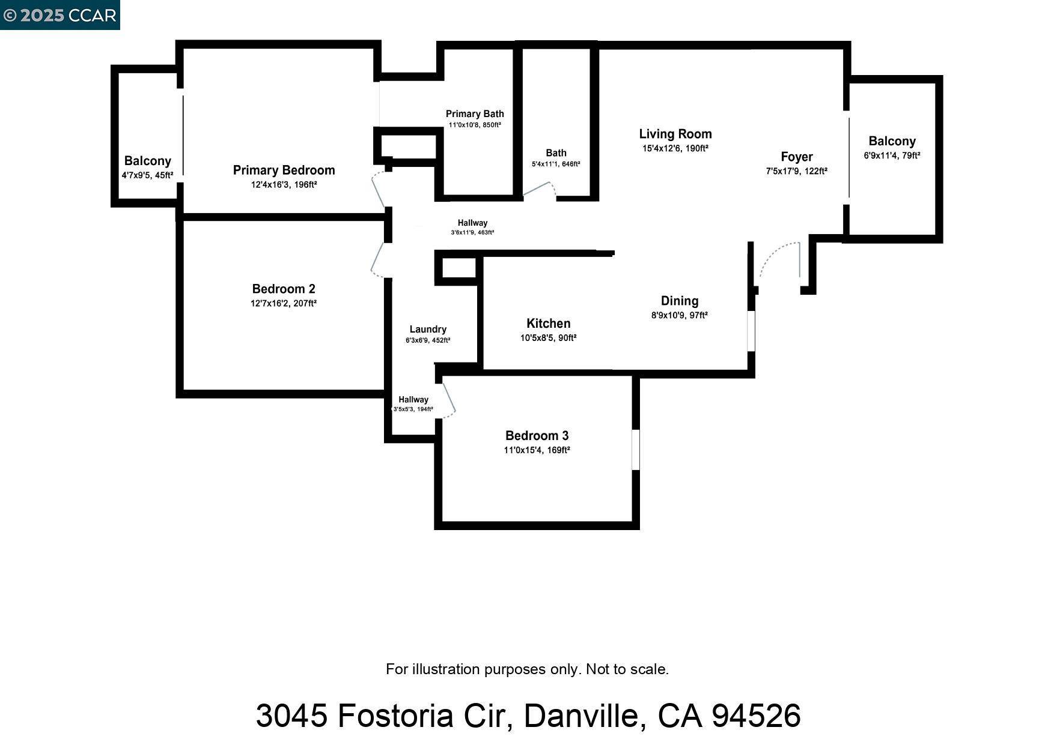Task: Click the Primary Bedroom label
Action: click(x=284, y=170)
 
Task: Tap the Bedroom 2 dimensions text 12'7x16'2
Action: click(x=284, y=304)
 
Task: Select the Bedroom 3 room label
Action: click(x=537, y=436)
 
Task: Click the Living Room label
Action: click(x=675, y=134)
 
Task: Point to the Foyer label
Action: click(x=796, y=157)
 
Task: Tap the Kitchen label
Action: click(x=548, y=324)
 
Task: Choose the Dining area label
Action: click(x=679, y=301)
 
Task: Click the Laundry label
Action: click(x=428, y=330)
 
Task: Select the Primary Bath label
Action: click(x=475, y=114)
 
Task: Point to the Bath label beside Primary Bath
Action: click(x=556, y=153)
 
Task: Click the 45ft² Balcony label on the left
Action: click(x=147, y=161)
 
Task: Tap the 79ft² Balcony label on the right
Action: click(x=892, y=142)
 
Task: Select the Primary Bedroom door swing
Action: click(x=379, y=189)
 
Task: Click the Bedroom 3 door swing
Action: click(x=448, y=399)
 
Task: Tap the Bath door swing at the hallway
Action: click(x=540, y=189)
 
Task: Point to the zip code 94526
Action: click(x=755, y=716)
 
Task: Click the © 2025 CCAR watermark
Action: click(x=59, y=15)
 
